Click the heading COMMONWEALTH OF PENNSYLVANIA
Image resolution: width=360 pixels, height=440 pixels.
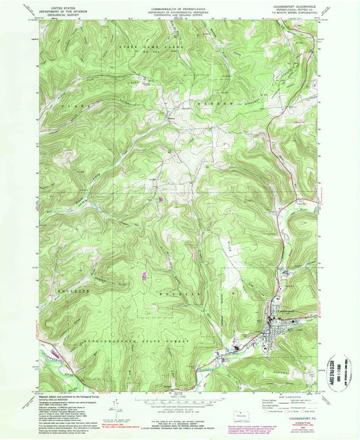point(180,3)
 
